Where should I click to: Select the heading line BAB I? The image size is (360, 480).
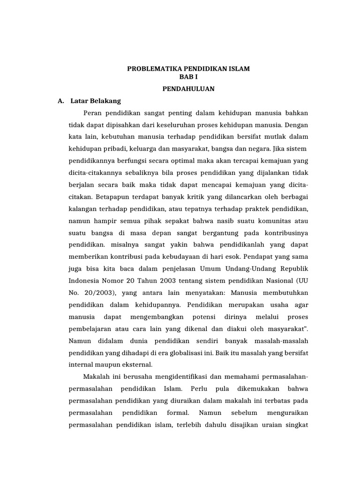(x=188, y=76)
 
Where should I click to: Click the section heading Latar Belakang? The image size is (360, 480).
(x=96, y=101)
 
